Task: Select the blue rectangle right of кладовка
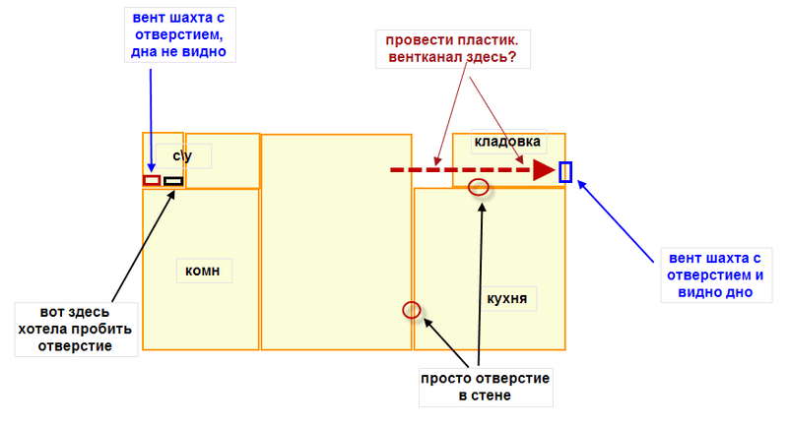click(565, 172)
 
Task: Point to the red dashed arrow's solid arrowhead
click(544, 170)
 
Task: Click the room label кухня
click(507, 298)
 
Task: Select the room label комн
click(203, 271)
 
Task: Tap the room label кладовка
click(507, 142)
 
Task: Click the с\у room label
click(182, 156)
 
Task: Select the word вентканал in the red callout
click(426, 57)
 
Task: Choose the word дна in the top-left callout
click(144, 52)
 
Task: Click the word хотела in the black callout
click(44, 330)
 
